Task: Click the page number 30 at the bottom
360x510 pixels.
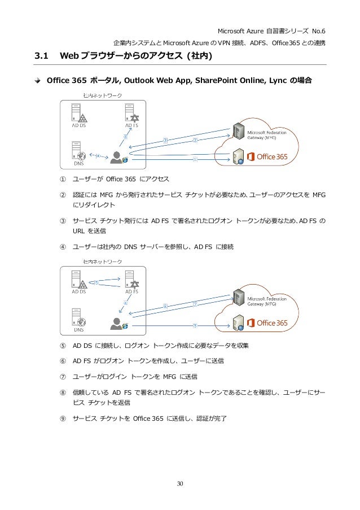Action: click(179, 483)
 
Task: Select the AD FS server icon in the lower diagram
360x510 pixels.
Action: click(132, 279)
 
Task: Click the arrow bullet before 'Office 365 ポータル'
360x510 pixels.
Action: click(38, 80)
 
